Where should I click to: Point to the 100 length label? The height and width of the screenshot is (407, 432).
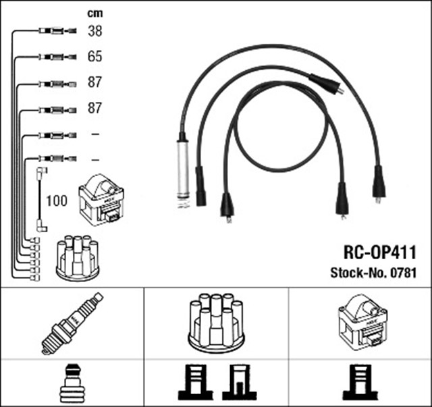tap(57, 200)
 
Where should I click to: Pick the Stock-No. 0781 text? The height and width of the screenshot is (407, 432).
tap(372, 273)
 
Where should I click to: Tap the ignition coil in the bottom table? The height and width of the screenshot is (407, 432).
tap(360, 321)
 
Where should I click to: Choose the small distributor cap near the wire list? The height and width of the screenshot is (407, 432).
tap(77, 257)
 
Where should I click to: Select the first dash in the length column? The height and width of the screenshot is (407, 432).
tap(94, 134)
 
